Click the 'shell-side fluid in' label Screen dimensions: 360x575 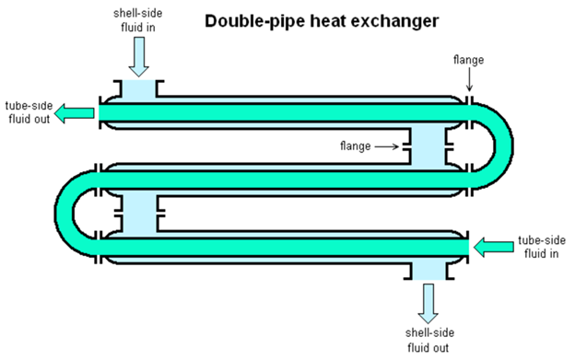(136, 18)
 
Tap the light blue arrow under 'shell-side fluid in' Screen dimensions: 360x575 (137, 57)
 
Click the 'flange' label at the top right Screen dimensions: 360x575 (468, 61)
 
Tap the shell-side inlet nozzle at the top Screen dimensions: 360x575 (137, 90)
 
